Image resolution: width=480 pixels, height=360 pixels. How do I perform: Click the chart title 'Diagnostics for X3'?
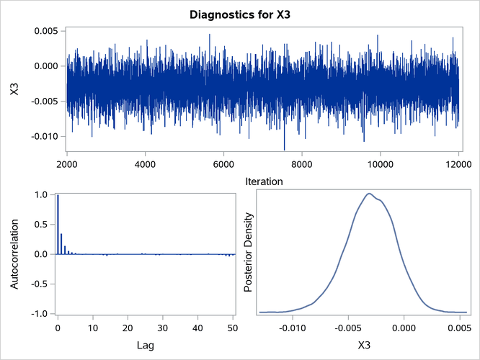[x=240, y=14]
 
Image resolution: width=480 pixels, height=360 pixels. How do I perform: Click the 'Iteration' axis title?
[x=262, y=181]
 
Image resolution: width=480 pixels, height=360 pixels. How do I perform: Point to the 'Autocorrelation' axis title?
[x=15, y=254]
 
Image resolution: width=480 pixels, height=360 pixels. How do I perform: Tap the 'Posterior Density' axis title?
[x=248, y=254]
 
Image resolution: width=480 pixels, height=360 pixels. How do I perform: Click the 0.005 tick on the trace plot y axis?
[x=47, y=31]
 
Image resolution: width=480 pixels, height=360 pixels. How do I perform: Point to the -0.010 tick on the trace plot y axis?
[x=45, y=136]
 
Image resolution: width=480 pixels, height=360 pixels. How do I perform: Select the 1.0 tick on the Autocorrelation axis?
[x=41, y=194]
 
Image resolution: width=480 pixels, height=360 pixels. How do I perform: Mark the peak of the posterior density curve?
[x=370, y=193]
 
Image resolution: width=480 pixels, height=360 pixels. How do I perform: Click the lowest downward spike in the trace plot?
[x=285, y=149]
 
